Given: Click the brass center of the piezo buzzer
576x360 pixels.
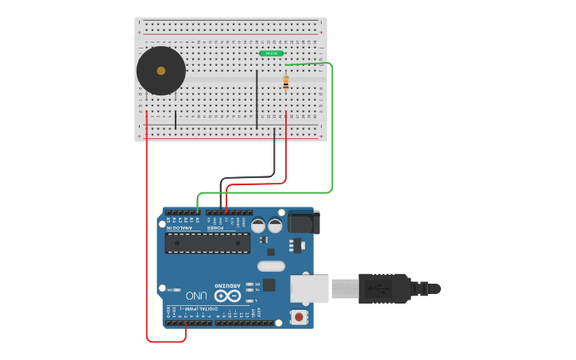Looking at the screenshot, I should click(x=161, y=71).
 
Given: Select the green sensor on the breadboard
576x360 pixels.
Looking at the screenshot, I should click(x=271, y=53).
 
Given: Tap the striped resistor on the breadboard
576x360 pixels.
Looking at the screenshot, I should click(x=286, y=82).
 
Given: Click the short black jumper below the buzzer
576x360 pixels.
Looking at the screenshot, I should click(x=176, y=119).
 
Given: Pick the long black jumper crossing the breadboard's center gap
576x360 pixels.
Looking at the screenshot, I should click(x=257, y=99).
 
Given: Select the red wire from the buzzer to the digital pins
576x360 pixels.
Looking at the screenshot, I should click(x=147, y=238).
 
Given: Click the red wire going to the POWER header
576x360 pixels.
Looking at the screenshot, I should click(x=286, y=159).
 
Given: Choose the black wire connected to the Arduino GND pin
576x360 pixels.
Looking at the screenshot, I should click(x=275, y=155).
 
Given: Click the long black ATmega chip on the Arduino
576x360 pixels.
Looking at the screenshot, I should click(x=207, y=242).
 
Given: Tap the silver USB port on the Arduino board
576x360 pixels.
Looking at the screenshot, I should click(x=309, y=288).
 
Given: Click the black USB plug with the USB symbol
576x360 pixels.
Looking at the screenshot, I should click(x=385, y=288).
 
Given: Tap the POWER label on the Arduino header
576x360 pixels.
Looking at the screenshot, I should click(x=215, y=229).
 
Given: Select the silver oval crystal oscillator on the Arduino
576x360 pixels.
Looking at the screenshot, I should click(x=271, y=266).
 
